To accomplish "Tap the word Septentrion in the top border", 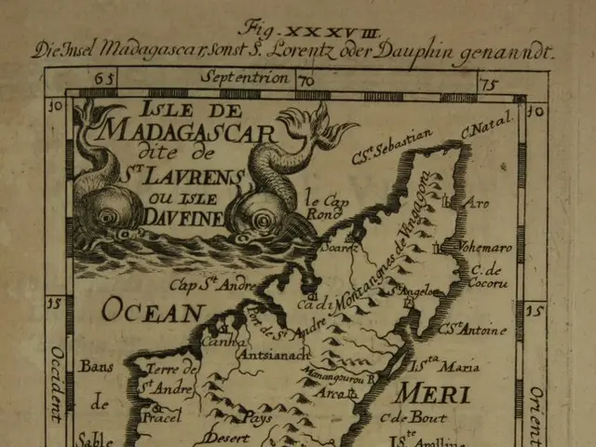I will pyautogui.click(x=249, y=79).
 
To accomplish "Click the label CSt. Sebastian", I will pyautogui.click(x=390, y=148).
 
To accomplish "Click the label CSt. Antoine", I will pyautogui.click(x=473, y=329).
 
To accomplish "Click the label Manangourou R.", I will pyautogui.click(x=335, y=378).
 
